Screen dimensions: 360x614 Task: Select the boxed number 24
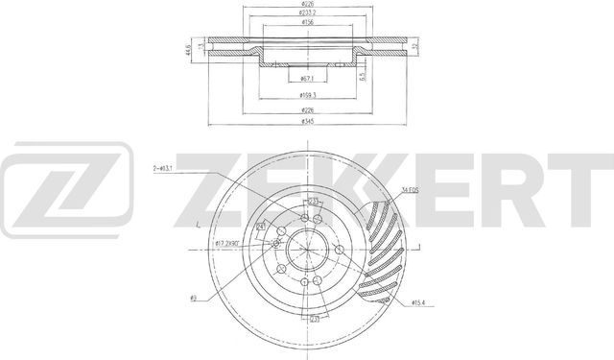[x=261, y=227]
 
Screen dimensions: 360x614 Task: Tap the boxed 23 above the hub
[x=313, y=201]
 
